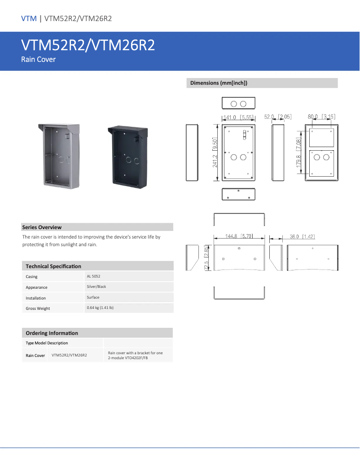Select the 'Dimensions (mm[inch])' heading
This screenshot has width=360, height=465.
(219, 83)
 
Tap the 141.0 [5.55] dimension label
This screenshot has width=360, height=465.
(239, 117)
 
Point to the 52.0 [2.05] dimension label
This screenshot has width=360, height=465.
(278, 117)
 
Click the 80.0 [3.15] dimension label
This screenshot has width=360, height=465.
(321, 117)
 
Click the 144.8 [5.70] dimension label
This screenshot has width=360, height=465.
(239, 236)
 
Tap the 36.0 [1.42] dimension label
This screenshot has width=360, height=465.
(302, 236)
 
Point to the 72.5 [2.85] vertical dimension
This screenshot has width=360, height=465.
(206, 257)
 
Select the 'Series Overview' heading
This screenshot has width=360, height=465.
(42, 227)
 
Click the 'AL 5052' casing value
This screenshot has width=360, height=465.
(93, 276)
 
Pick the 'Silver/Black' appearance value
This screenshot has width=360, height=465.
(97, 287)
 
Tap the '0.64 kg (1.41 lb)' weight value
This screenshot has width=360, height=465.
(100, 308)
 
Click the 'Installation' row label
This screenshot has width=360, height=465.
(35, 298)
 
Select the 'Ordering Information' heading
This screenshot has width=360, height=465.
(52, 333)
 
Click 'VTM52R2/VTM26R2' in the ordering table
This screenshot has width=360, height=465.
(69, 355)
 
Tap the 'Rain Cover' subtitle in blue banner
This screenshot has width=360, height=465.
(39, 59)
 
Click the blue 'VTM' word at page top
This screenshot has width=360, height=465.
(29, 18)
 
